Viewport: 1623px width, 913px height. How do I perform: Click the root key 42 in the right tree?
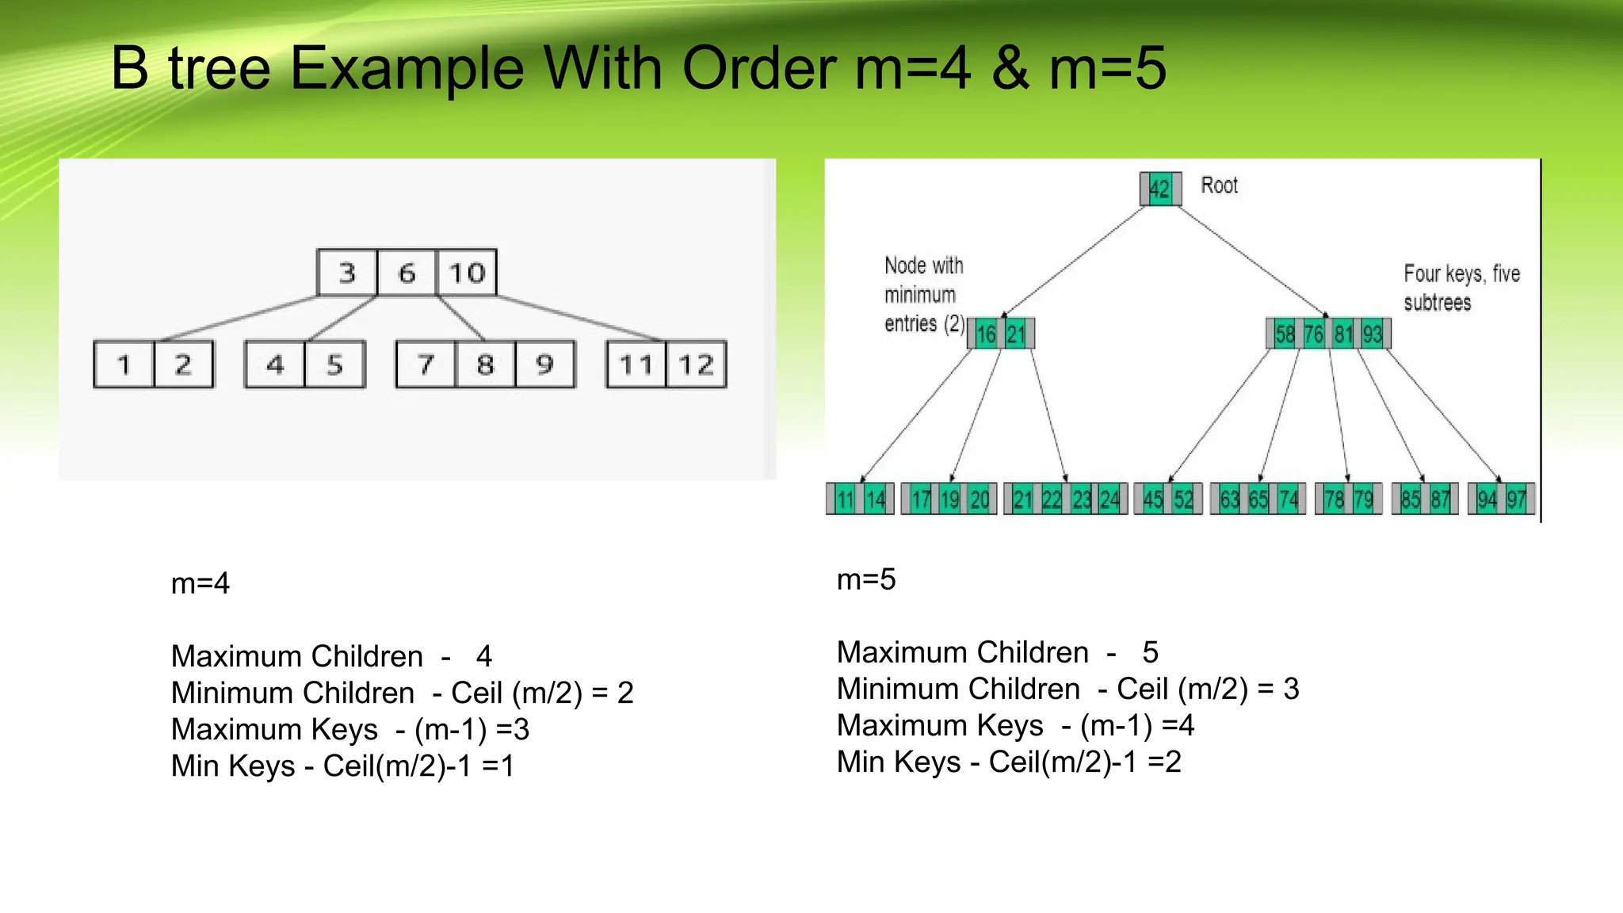[x=1159, y=189]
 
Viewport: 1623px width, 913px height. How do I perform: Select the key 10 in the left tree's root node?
[x=467, y=273]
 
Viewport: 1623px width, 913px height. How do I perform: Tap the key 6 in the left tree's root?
[x=407, y=273]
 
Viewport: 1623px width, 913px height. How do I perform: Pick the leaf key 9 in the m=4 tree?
[x=544, y=365]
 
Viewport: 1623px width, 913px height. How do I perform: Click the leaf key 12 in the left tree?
[x=696, y=365]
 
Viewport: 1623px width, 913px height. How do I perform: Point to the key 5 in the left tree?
[x=334, y=365]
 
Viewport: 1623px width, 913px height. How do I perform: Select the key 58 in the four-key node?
[x=1285, y=334]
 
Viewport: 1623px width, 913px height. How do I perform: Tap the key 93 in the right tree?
[x=1373, y=334]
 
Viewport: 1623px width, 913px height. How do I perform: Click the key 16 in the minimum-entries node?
[x=986, y=334]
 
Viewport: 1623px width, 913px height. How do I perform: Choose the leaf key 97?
[x=1517, y=499]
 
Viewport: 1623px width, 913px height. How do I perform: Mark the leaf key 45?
[x=1153, y=499]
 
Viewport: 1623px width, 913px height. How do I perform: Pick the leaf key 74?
[x=1289, y=499]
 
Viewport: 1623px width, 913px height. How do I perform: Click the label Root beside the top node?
[x=1219, y=185]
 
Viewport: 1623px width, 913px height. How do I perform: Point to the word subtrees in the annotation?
[x=1437, y=303]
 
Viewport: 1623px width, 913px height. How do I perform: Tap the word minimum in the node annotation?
[x=920, y=295]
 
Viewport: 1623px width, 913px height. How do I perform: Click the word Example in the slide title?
[x=407, y=68]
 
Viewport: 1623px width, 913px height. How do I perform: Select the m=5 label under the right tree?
[x=866, y=579]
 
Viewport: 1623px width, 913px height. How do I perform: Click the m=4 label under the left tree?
[x=200, y=583]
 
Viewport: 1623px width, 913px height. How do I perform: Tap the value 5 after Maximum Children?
[x=1151, y=652]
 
